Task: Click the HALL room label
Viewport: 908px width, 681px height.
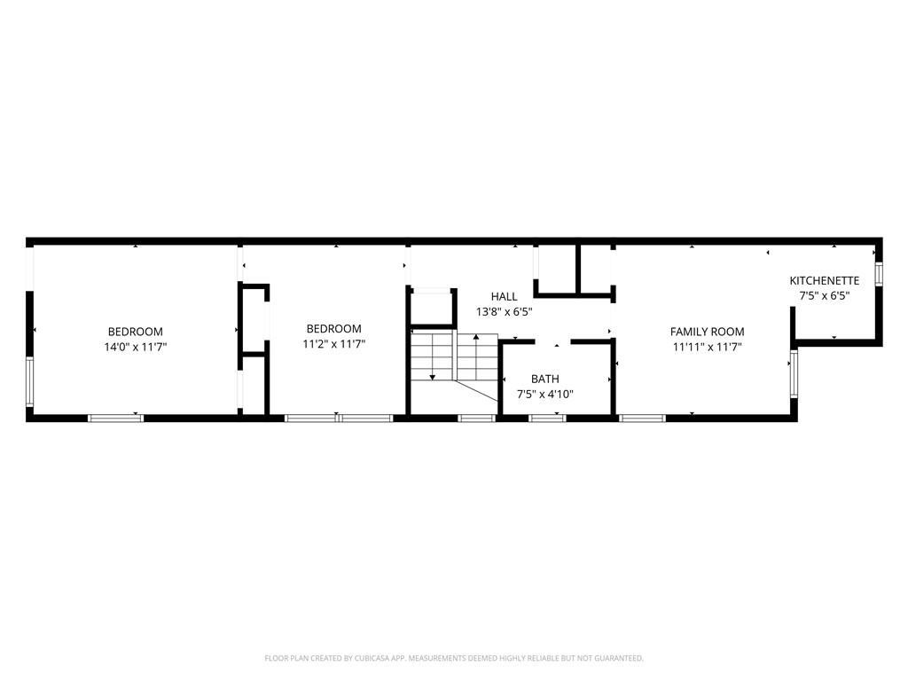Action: pos(504,296)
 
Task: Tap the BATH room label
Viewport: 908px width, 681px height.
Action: pos(544,379)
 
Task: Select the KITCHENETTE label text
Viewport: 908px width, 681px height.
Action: pos(824,280)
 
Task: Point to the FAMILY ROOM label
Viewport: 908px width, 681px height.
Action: pos(707,332)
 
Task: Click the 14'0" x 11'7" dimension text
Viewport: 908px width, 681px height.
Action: pos(135,347)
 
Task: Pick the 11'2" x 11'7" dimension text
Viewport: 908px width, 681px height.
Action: pos(333,343)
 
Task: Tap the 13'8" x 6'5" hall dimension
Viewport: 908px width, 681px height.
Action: pos(504,311)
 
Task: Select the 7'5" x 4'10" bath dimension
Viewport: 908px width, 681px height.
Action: pos(544,395)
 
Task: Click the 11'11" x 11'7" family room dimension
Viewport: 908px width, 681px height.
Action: pos(707,347)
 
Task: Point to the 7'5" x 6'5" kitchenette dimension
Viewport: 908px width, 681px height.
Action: pos(824,295)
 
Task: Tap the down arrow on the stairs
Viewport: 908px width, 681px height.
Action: pos(433,377)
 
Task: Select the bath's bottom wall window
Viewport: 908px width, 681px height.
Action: pos(547,418)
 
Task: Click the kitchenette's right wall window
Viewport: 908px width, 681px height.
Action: pos(879,274)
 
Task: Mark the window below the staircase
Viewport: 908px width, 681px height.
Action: pos(476,418)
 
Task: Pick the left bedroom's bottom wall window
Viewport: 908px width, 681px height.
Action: pos(115,418)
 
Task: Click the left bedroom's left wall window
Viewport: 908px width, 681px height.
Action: pos(30,381)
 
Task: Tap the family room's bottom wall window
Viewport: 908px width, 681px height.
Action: pos(642,418)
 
